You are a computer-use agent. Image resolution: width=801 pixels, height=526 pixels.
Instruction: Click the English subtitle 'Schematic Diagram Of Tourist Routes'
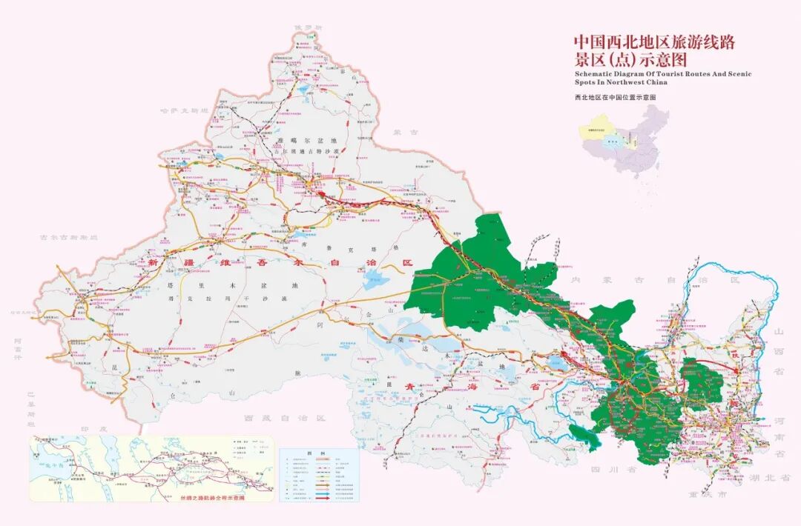click(663, 74)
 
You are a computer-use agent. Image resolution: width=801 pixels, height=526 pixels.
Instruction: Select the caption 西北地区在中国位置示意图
click(615, 97)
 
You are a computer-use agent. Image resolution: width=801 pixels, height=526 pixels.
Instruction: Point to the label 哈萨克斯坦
click(185, 110)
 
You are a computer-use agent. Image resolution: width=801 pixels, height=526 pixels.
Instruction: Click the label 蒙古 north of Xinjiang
click(406, 133)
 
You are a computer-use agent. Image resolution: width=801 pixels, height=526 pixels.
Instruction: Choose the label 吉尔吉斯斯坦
click(69, 237)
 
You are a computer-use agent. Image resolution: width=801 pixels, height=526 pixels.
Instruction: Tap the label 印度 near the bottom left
click(94, 429)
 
